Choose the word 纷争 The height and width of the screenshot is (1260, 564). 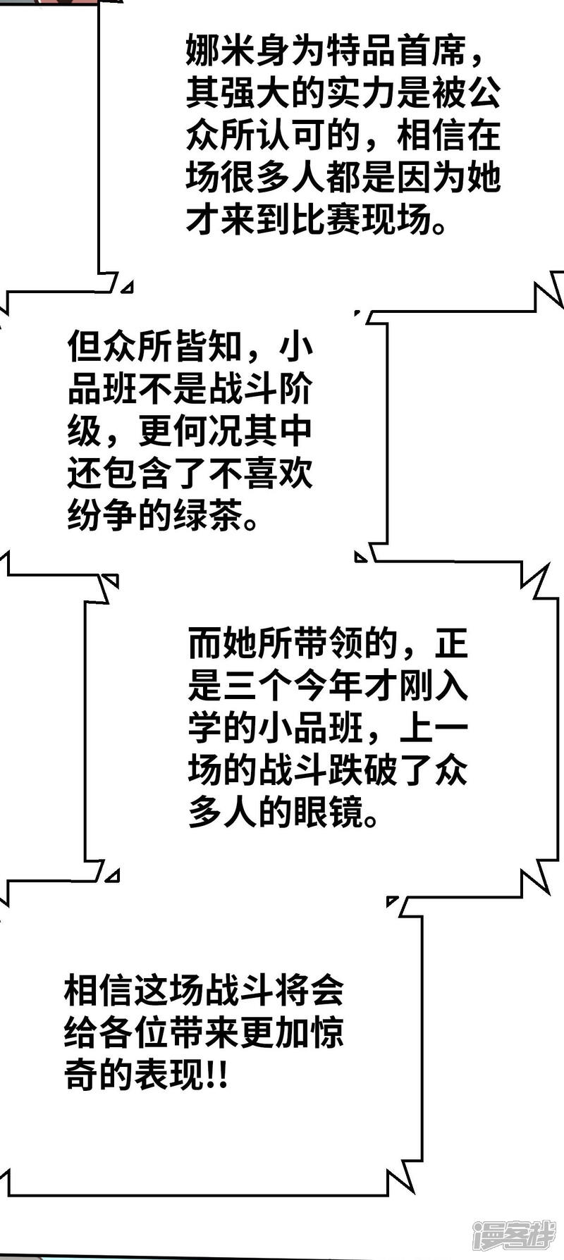coord(102,517)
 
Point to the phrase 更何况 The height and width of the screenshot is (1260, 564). coord(190,432)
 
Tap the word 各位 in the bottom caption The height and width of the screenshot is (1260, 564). coord(133,1034)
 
